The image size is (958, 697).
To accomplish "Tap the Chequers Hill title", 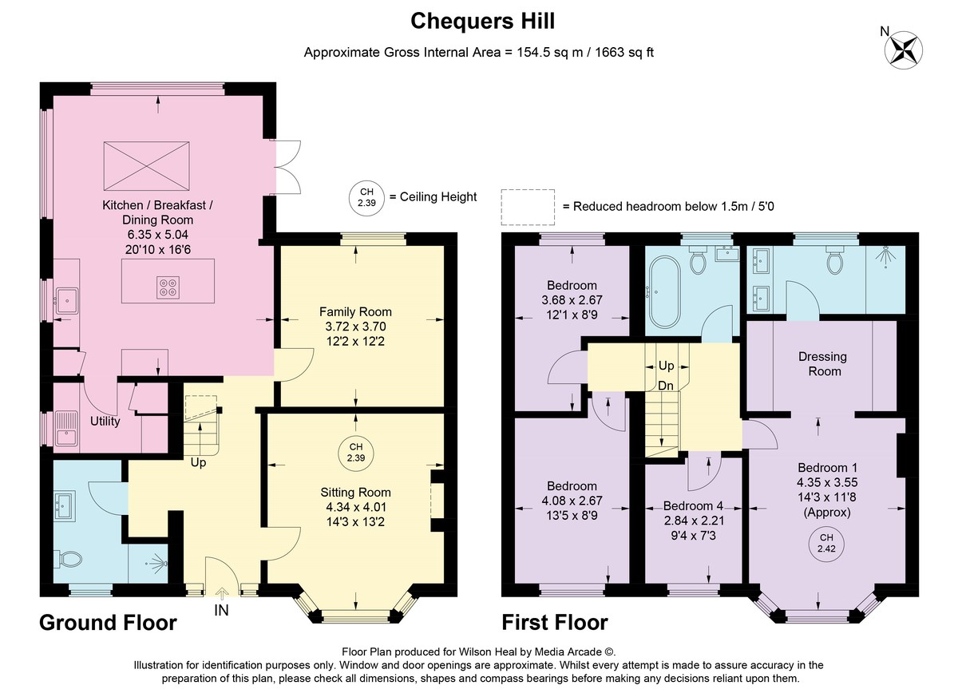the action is (482, 21).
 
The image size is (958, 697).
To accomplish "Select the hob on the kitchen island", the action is (168, 287).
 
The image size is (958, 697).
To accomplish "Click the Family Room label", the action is (355, 311).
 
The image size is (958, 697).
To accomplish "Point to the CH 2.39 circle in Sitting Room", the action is (356, 453).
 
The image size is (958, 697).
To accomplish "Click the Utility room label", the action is (105, 422).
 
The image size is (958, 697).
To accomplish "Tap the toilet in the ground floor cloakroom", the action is (68, 559).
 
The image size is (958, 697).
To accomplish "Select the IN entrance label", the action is (221, 610).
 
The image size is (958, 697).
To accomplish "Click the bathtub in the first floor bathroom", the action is (664, 291).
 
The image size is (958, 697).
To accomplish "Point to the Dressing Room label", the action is (823, 364).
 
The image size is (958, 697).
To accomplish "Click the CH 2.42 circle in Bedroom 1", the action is (826, 543).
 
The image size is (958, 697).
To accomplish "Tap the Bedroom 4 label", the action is (693, 506).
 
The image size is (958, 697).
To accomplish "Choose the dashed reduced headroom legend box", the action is (528, 207).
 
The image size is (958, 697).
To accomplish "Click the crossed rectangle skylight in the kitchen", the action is (147, 166).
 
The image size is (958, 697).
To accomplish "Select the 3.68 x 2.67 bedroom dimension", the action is (572, 299).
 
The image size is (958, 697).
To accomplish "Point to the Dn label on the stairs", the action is (666, 386).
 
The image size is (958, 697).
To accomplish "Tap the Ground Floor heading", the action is (108, 622).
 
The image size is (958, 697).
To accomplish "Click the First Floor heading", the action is (555, 622).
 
